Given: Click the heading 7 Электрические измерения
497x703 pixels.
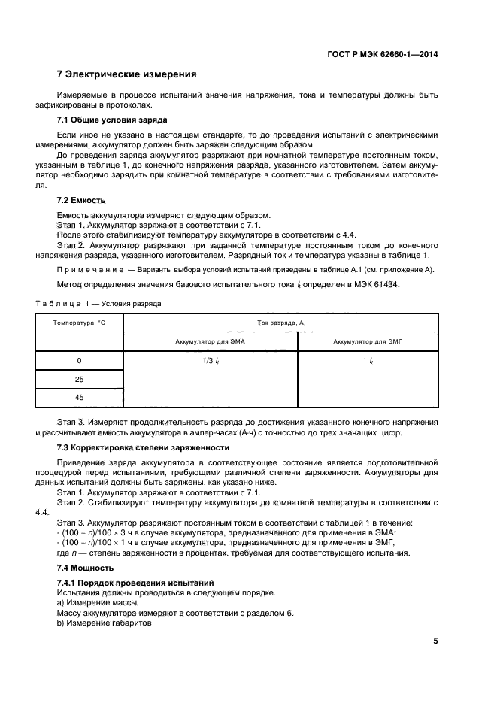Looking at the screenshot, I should click(127, 74).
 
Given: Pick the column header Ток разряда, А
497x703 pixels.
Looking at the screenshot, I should click(280, 322).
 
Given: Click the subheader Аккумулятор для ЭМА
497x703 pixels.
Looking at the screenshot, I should click(210, 341).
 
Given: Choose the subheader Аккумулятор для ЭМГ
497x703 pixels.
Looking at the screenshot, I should click(368, 341).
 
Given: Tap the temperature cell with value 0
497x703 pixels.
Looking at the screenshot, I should click(79, 361).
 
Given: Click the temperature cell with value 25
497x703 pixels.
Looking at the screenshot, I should click(79, 380).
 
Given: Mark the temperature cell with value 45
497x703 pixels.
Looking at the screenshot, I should click(79, 398).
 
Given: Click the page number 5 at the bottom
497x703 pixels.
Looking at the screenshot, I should click(435, 641).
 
